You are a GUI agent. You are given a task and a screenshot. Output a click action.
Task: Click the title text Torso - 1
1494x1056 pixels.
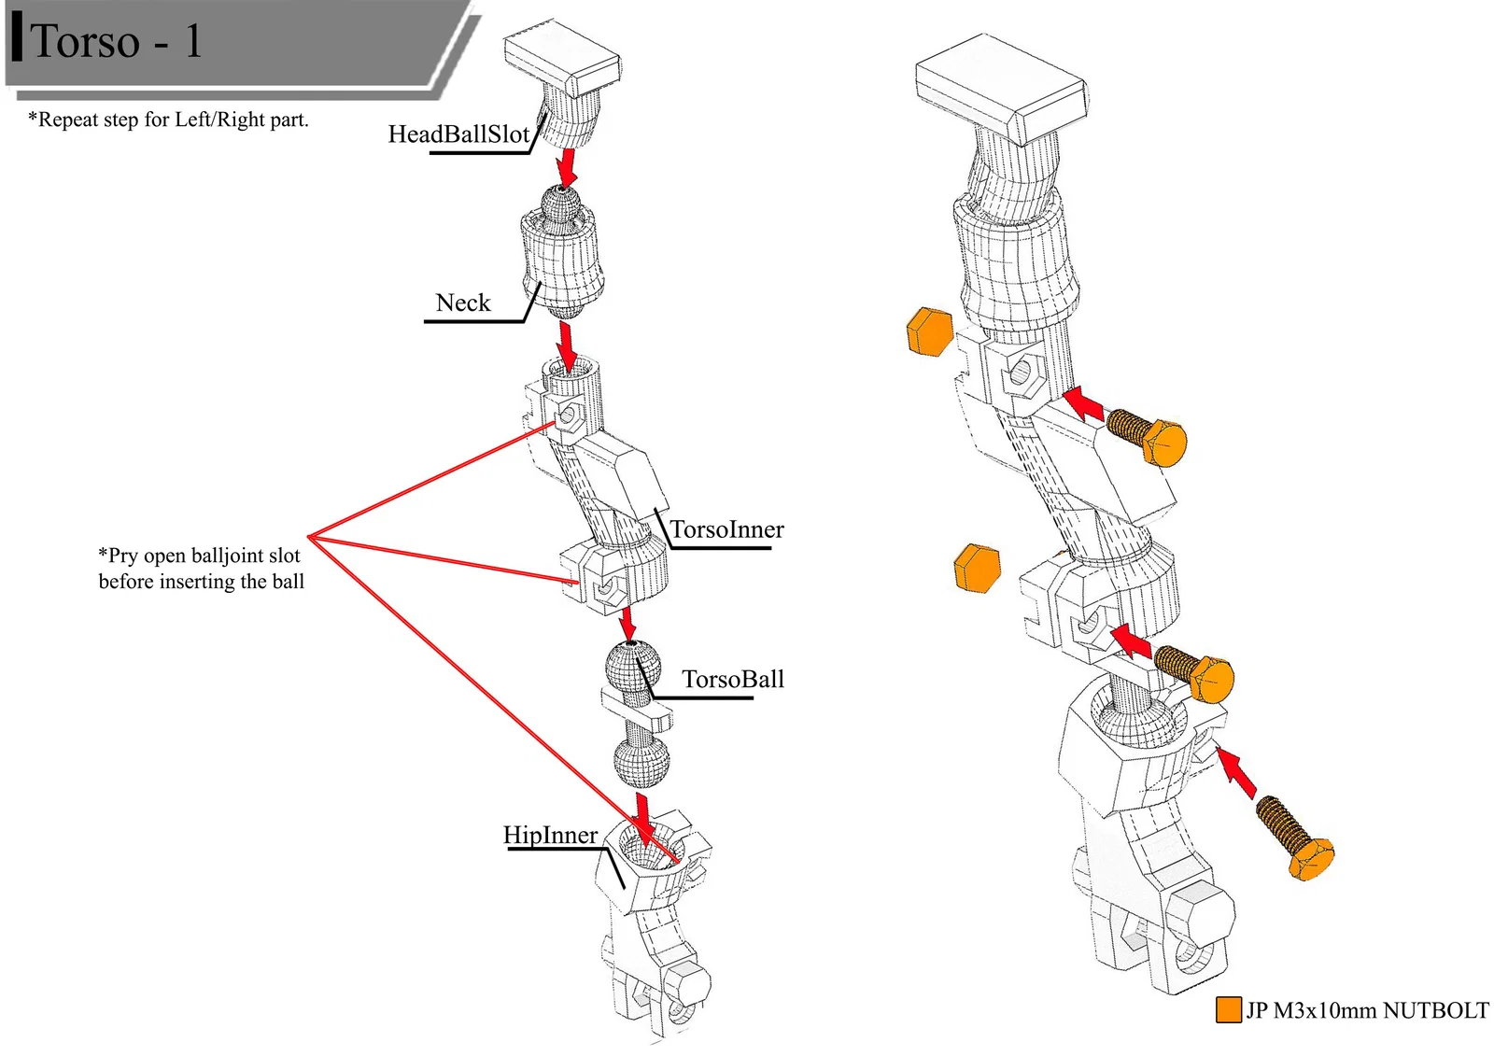point(116,41)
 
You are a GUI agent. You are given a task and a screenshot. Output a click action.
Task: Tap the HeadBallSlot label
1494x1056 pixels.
point(458,134)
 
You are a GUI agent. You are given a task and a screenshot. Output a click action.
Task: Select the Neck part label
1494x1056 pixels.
point(463,303)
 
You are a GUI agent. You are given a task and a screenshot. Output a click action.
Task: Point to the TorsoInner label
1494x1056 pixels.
point(726,530)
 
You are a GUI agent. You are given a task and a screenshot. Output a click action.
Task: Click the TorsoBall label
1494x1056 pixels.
point(732,680)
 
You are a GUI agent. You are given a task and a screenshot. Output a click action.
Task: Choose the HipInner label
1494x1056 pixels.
point(550,835)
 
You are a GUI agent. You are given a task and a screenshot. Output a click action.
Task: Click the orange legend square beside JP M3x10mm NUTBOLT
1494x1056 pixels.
point(1228,1009)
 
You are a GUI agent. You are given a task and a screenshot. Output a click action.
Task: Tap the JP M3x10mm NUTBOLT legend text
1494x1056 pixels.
point(1367,1010)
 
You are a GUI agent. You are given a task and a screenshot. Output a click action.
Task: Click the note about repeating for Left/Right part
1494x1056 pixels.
point(168,120)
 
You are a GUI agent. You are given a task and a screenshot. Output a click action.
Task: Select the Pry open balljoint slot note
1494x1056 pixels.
point(202,568)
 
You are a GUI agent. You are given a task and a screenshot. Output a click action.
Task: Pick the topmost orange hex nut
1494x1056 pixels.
point(930,331)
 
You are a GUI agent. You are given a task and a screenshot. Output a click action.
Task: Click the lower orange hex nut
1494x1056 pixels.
point(977,568)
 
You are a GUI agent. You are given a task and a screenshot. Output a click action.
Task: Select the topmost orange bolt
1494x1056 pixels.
point(1149,436)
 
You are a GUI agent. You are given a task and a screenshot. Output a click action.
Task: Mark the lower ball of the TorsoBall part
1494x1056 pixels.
point(641,761)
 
